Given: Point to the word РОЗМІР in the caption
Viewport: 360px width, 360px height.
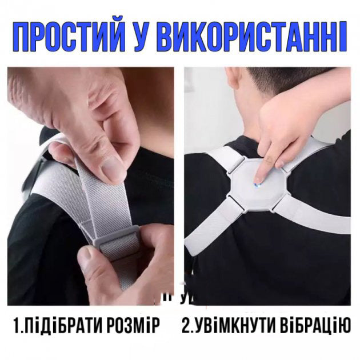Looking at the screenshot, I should [133, 326].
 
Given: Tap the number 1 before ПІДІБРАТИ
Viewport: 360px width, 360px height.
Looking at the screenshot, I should [16, 326].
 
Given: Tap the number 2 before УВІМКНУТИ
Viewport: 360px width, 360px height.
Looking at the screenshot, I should [187, 326].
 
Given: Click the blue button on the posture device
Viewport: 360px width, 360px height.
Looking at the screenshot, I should [258, 181].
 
